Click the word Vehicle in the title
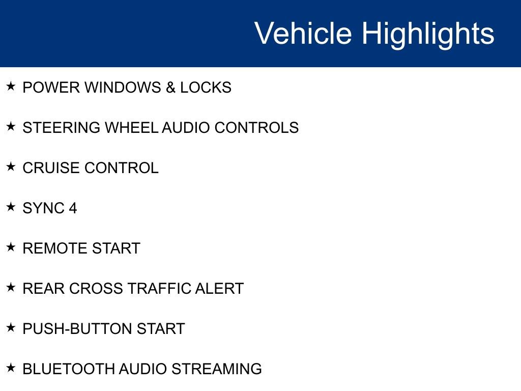303,34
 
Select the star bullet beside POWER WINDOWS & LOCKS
11,86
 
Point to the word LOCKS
206,88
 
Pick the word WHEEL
131,128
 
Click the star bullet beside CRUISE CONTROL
11,166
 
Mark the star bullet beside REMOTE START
11,247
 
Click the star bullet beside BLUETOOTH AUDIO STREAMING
11,368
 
